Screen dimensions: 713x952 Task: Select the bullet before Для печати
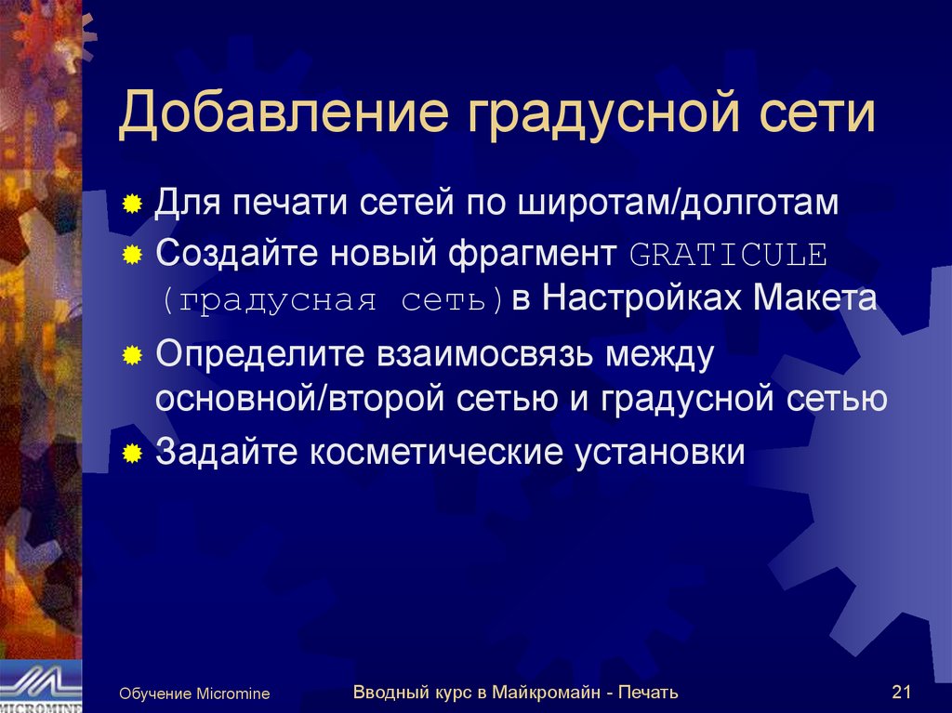point(134,202)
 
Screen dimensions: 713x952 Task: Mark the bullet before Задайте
point(134,453)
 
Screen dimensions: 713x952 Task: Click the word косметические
point(435,453)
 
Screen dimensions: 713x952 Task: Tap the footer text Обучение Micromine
point(193,693)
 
